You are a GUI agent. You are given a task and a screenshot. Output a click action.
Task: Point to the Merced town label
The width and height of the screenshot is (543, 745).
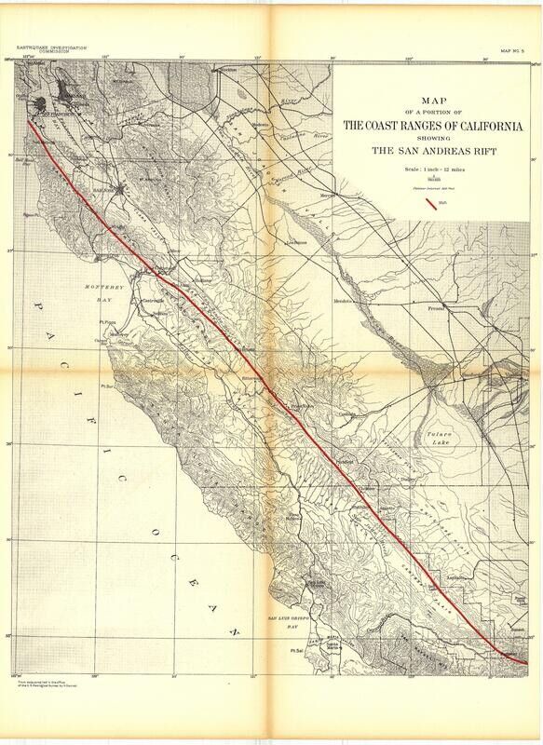pyautogui.click(x=328, y=196)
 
